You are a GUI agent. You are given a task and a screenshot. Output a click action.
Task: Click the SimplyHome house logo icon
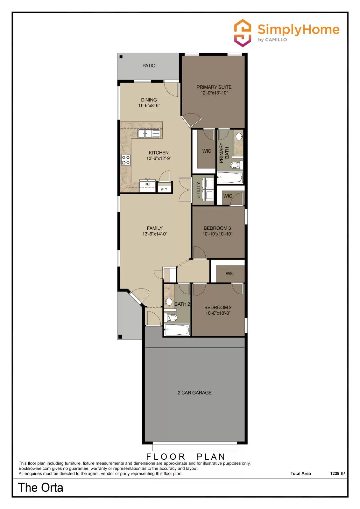[243, 33]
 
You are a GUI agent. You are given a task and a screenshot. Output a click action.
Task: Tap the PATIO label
[149, 66]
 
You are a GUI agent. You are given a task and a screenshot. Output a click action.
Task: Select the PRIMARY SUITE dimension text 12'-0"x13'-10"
[214, 93]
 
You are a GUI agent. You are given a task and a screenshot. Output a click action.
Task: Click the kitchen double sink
[149, 134]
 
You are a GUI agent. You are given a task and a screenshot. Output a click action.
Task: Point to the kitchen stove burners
[126, 160]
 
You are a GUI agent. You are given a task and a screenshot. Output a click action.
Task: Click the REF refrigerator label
[148, 184]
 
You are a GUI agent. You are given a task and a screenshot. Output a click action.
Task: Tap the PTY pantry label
[164, 189]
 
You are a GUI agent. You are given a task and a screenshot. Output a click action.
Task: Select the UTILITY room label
[198, 190]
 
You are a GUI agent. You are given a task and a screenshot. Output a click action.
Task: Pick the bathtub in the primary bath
[230, 178]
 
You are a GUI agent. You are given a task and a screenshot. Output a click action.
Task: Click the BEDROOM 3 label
[217, 228]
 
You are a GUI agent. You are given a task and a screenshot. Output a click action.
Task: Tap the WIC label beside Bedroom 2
[230, 274]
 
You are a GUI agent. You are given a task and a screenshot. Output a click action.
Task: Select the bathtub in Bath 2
[177, 330]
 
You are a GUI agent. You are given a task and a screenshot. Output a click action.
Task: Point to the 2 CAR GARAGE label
[194, 393]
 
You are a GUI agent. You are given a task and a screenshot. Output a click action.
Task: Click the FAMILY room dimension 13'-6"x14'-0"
[155, 234]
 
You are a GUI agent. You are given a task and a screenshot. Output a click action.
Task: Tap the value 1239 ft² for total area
[337, 473]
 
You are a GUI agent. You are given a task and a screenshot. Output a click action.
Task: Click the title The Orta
[41, 487]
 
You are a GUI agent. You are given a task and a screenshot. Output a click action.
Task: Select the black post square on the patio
[121, 57]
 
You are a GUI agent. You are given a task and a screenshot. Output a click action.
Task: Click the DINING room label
[149, 100]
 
